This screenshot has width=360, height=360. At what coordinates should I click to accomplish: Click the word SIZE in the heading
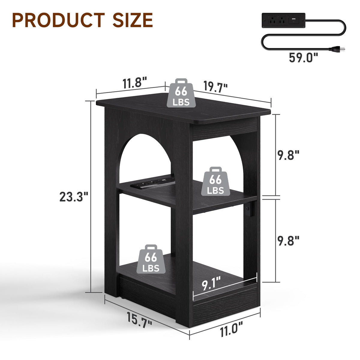(x=133, y=20)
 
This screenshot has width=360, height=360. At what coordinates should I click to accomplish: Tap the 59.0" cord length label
(x=304, y=57)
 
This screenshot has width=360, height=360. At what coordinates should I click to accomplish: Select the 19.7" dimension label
(x=215, y=86)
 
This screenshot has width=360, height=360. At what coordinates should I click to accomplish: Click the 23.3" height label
(x=74, y=197)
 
